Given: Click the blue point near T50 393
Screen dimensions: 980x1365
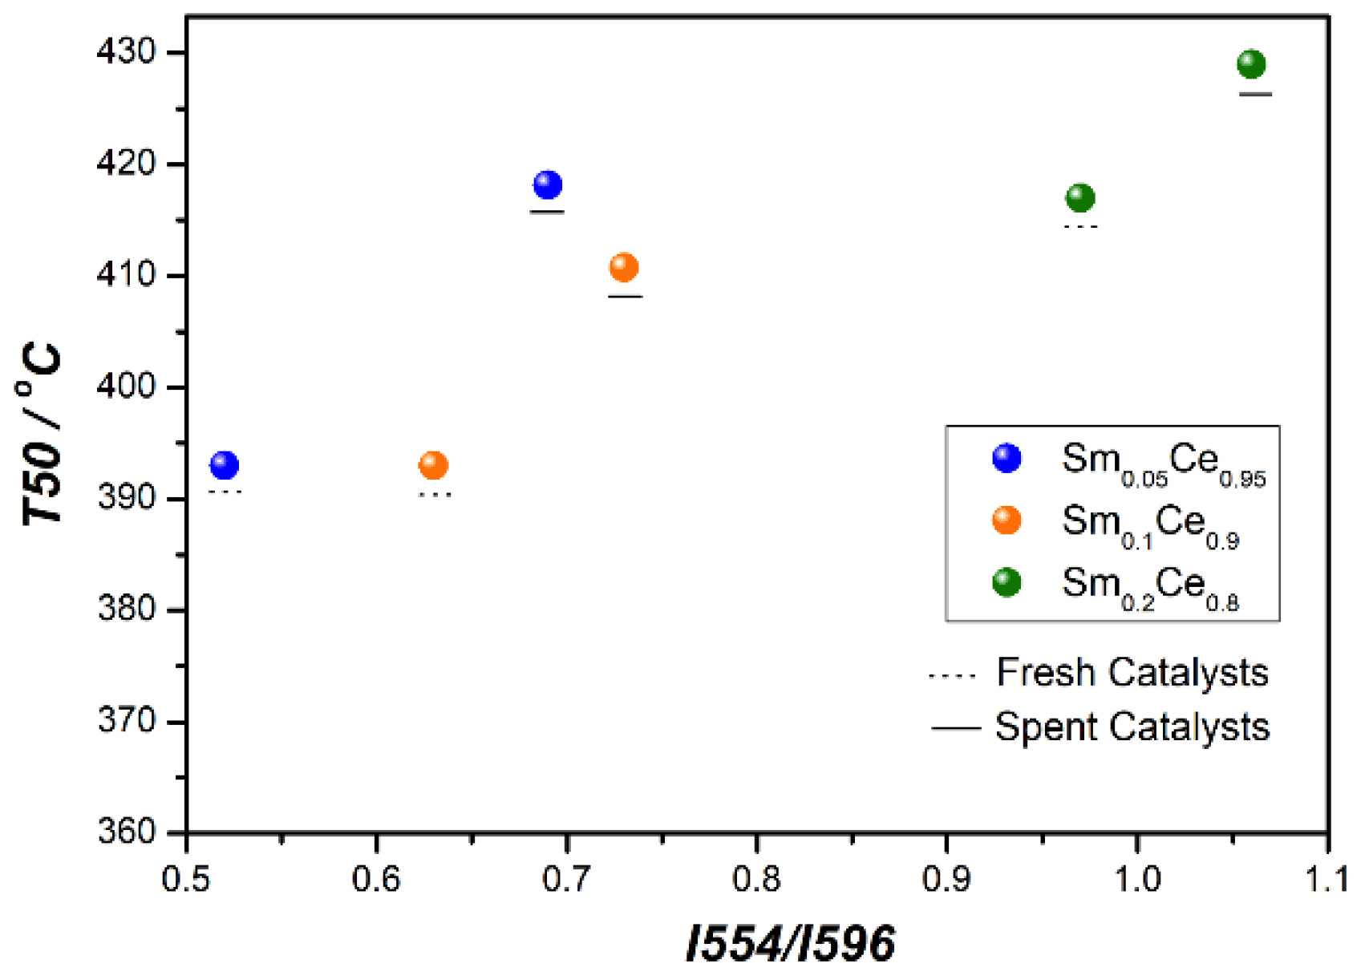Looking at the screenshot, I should pyautogui.click(x=225, y=464).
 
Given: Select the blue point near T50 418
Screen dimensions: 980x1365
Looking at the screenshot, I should pyautogui.click(x=548, y=184).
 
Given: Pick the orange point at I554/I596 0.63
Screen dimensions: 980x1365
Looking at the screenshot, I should pyautogui.click(x=433, y=464).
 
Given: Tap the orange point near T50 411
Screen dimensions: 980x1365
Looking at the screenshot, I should pyautogui.click(x=624, y=267).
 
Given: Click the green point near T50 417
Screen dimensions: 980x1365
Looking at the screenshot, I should pyautogui.click(x=1080, y=197).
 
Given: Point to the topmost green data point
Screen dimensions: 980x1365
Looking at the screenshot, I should pyautogui.click(x=1251, y=63).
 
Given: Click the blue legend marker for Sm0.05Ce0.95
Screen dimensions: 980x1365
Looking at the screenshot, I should pyautogui.click(x=1007, y=458).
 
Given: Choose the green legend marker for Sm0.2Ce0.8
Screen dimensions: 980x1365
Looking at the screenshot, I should pyautogui.click(x=1007, y=582).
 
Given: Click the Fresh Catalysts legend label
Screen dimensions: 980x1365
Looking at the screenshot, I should pyautogui.click(x=1132, y=672).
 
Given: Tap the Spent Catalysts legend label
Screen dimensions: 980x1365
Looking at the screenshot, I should pyautogui.click(x=1132, y=727).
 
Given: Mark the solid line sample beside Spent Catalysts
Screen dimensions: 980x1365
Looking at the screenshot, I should pyautogui.click(x=955, y=728).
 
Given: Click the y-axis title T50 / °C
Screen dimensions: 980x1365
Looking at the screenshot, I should pyautogui.click(x=42, y=433).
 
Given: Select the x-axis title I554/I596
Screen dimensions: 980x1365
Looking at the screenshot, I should pyautogui.click(x=790, y=942).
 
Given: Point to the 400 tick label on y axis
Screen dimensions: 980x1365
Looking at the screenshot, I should pyautogui.click(x=126, y=386).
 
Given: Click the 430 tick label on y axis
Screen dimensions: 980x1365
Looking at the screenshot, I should pyautogui.click(x=126, y=51).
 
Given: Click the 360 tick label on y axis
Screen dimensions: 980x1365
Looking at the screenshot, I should pyautogui.click(x=126, y=831).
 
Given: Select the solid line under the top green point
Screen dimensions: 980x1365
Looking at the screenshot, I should pyautogui.click(x=1255, y=94).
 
